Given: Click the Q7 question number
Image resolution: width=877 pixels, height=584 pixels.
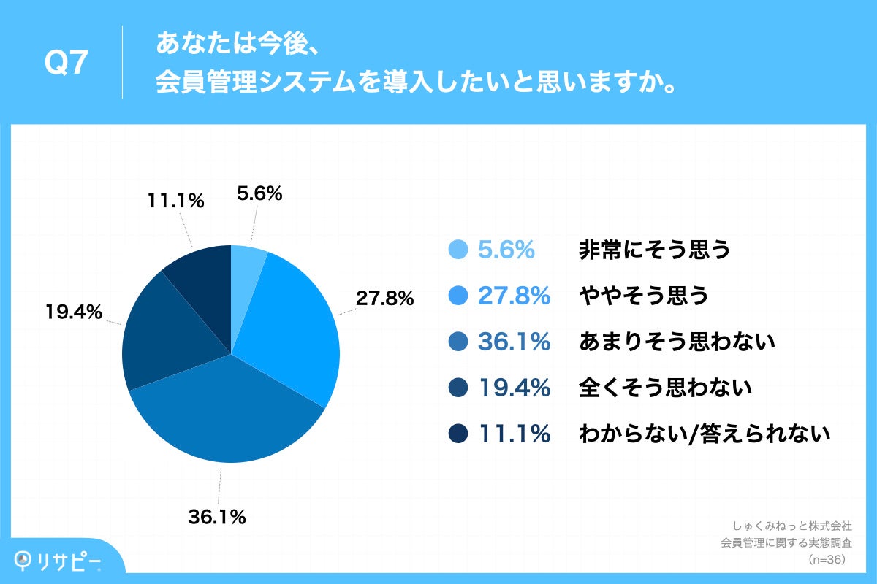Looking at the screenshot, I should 67,64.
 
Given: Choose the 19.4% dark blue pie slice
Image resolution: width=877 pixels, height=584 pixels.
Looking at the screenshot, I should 168,336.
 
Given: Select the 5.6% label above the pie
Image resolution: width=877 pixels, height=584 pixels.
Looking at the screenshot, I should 259,193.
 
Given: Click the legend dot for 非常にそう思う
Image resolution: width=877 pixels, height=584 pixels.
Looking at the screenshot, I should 458,250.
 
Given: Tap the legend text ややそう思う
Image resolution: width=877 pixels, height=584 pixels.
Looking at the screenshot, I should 643,296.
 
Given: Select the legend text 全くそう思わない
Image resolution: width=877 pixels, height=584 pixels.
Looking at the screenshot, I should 665,388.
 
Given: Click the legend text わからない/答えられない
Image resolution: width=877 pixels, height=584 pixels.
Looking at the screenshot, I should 705,434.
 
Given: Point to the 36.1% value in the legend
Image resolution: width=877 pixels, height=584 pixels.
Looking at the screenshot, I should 514,342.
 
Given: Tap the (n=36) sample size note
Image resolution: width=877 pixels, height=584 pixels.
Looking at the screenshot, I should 826,559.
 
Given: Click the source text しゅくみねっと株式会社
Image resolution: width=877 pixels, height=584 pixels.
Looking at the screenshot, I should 792,526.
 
